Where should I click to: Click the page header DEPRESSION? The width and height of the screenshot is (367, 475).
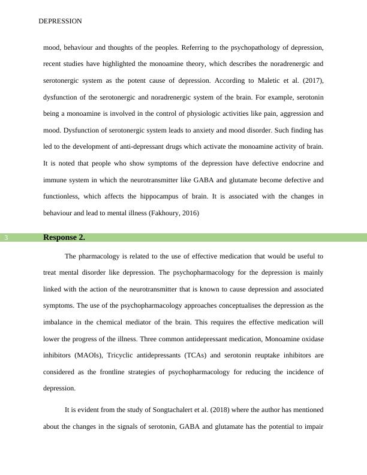60,21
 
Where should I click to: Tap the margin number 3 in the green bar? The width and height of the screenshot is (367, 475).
6,238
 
